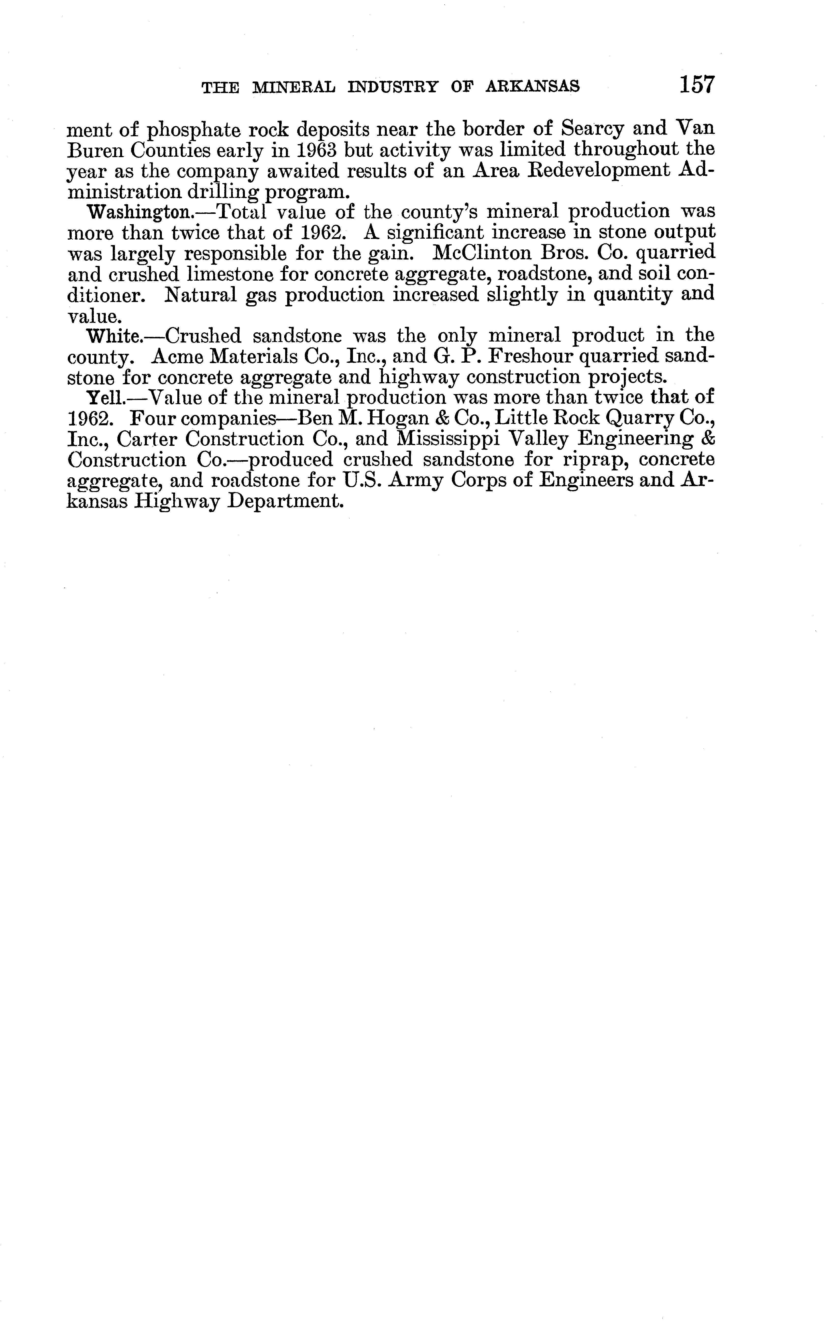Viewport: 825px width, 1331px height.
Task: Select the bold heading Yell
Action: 107,398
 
